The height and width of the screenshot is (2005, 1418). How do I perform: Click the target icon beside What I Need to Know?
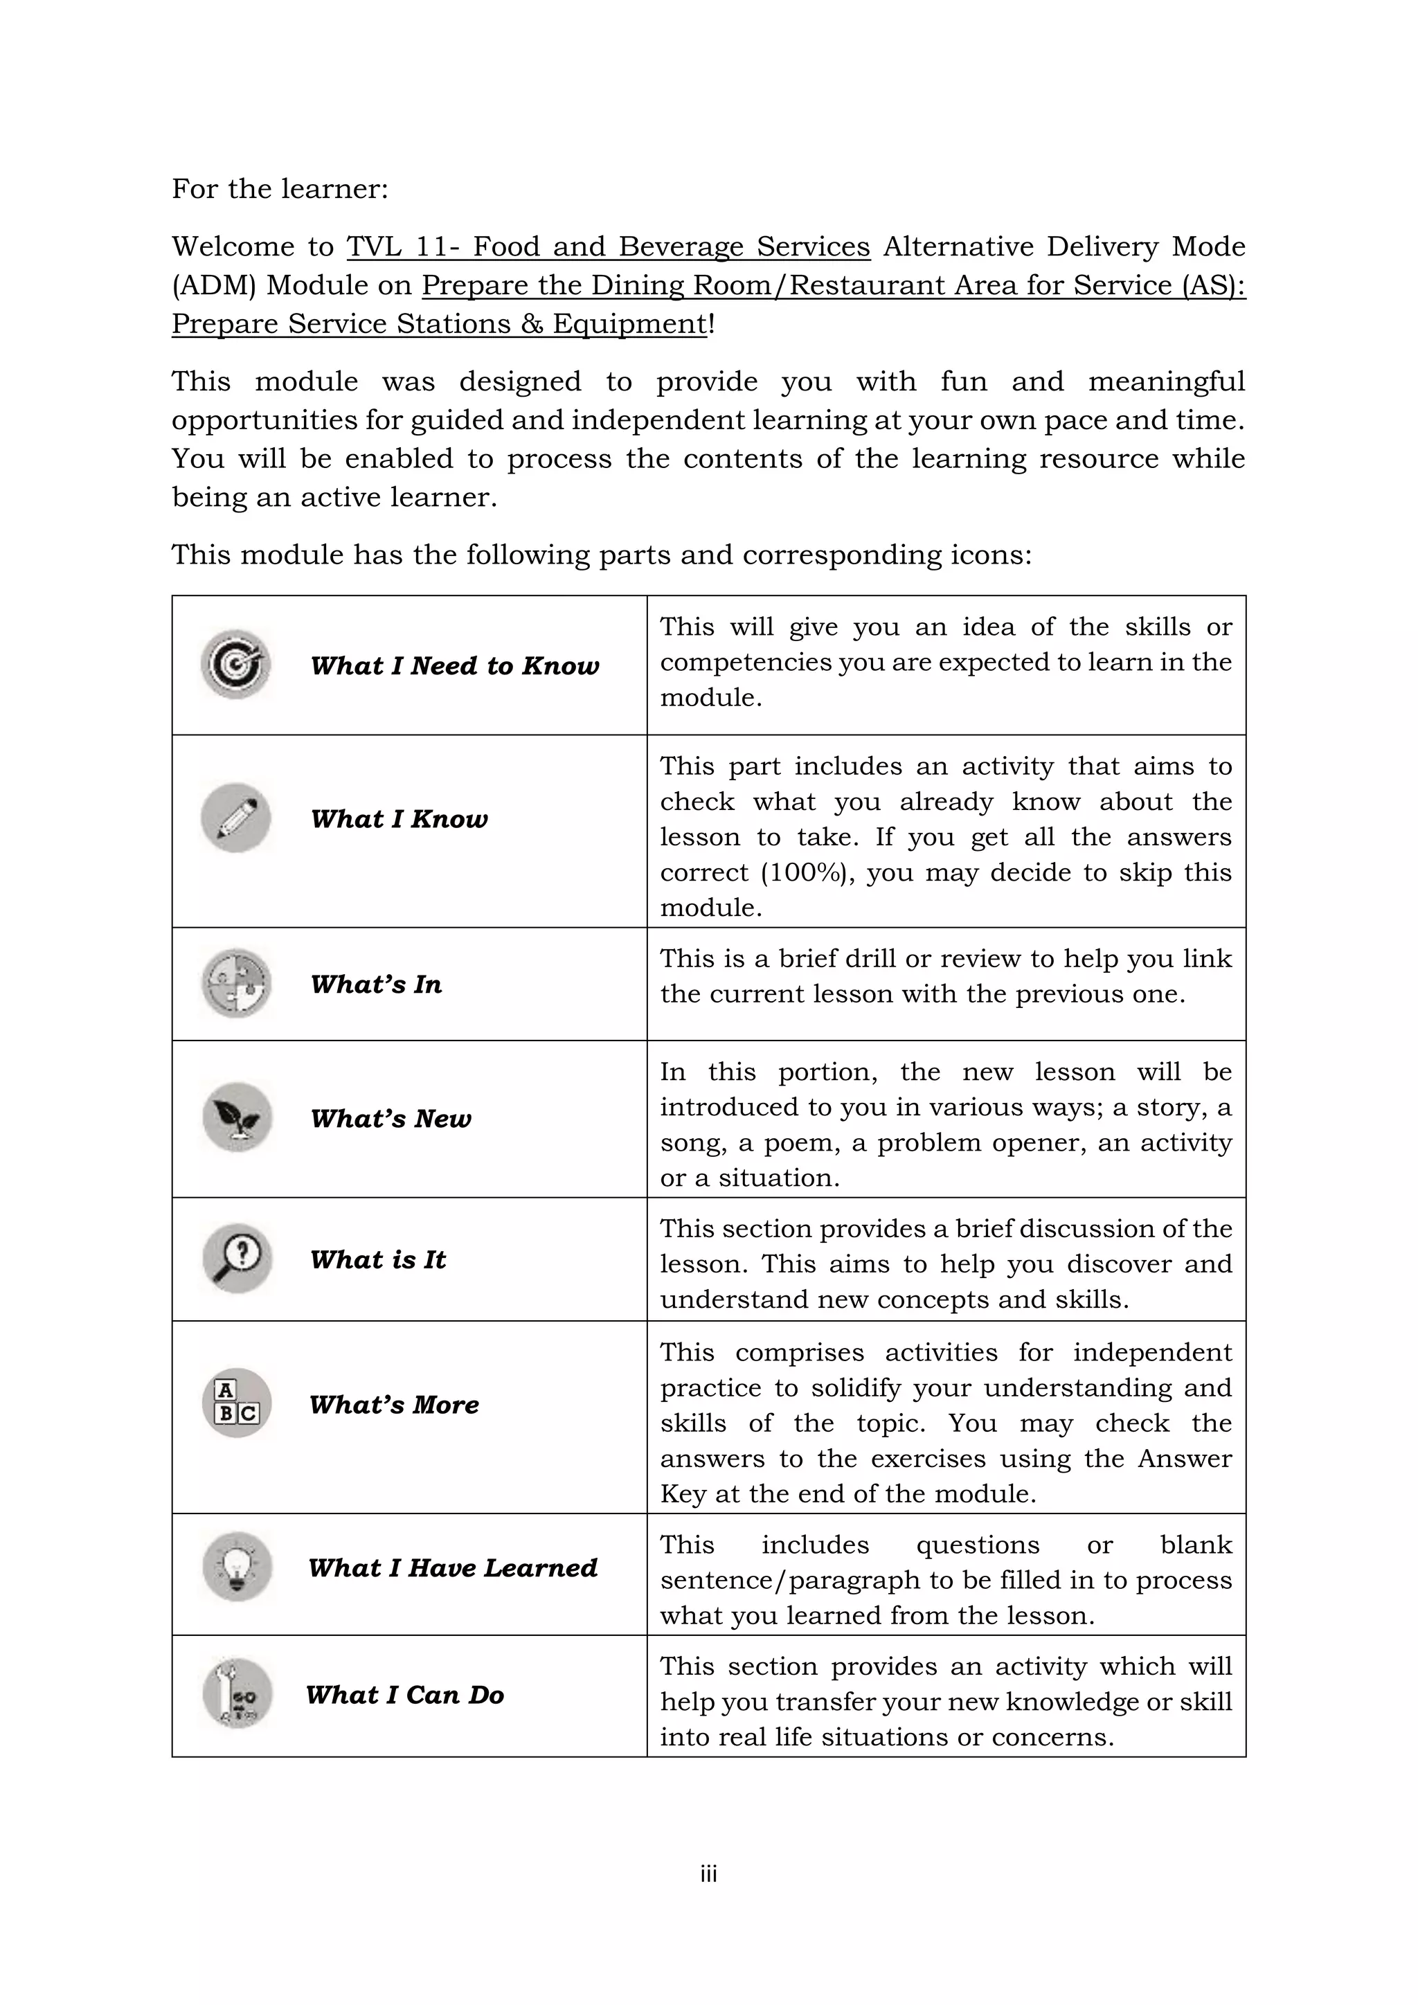[x=235, y=665]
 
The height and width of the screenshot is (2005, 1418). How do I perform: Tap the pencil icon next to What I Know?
[x=235, y=818]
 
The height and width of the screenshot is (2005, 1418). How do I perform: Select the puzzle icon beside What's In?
[x=235, y=983]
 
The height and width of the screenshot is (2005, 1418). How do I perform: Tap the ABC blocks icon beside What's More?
[x=235, y=1403]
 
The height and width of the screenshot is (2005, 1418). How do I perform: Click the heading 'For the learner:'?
[x=280, y=188]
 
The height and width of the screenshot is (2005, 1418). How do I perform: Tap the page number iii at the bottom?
[x=708, y=1873]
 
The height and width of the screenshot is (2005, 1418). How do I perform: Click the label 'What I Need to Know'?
[x=454, y=665]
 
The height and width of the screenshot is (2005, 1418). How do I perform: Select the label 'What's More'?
[x=394, y=1404]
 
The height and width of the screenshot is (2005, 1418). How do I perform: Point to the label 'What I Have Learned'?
[x=452, y=1567]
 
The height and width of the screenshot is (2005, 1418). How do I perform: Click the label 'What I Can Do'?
[x=405, y=1695]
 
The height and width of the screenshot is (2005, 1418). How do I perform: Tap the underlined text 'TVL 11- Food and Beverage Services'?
[x=609, y=247]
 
